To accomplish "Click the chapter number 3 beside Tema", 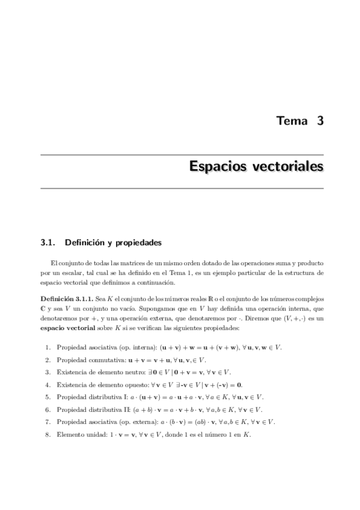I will click(x=320, y=120).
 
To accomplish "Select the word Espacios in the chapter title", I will click(x=218, y=165).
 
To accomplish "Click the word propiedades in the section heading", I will click(x=138, y=243).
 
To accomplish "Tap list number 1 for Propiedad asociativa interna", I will click(x=47, y=348).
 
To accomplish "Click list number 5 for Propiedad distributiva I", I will click(x=47, y=397).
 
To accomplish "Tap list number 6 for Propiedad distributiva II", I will click(x=47, y=410).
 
